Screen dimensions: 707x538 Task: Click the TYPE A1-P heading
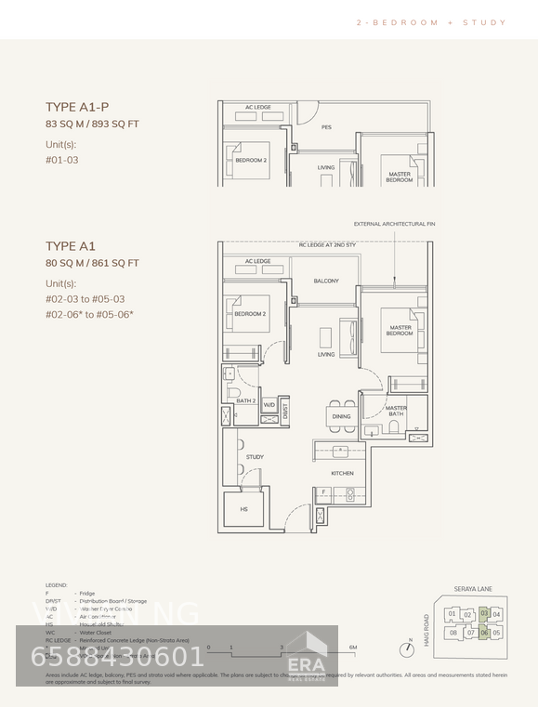pyautogui.click(x=77, y=107)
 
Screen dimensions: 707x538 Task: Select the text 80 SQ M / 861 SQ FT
pyautogui.click(x=92, y=263)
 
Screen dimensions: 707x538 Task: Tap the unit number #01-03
pyautogui.click(x=61, y=160)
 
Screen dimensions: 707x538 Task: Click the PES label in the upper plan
pyautogui.click(x=326, y=127)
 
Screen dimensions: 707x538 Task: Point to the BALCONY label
pyautogui.click(x=325, y=281)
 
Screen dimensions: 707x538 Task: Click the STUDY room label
pyautogui.click(x=255, y=457)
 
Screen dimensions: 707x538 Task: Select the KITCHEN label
pyautogui.click(x=342, y=473)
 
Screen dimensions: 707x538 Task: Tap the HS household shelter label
pyautogui.click(x=244, y=509)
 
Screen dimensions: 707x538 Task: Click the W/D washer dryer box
pyautogui.click(x=269, y=405)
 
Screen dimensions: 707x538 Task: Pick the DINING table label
pyautogui.click(x=341, y=416)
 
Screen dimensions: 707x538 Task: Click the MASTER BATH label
pyautogui.click(x=396, y=411)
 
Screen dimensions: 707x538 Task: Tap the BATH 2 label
pyautogui.click(x=245, y=400)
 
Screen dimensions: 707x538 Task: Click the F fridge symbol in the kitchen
pyautogui.click(x=323, y=492)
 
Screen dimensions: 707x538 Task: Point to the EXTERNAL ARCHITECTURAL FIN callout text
pyautogui.click(x=394, y=224)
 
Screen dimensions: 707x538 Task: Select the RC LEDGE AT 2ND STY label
pyautogui.click(x=326, y=245)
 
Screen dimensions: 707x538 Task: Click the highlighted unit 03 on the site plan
pyautogui.click(x=484, y=613)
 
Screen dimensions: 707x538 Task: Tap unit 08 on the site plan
pyautogui.click(x=453, y=633)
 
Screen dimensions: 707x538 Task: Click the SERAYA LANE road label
pyautogui.click(x=473, y=589)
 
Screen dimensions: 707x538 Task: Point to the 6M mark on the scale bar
pyautogui.click(x=353, y=648)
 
